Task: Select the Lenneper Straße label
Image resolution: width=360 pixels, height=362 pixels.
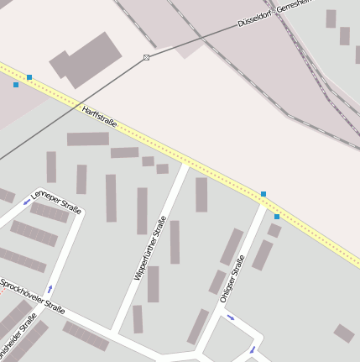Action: [56, 202]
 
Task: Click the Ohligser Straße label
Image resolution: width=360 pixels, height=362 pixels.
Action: [232, 278]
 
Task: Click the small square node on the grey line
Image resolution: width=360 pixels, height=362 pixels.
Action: [146, 57]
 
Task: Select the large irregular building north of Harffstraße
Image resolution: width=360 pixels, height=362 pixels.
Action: [85, 60]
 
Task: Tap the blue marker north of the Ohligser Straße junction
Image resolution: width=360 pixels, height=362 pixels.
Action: [263, 194]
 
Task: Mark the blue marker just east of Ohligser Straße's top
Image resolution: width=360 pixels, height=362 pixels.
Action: [277, 217]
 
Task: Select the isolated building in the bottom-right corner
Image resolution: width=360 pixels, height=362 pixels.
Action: [344, 333]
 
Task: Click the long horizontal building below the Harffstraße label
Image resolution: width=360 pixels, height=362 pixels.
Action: [88, 139]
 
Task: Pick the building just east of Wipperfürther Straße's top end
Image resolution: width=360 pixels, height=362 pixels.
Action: [201, 194]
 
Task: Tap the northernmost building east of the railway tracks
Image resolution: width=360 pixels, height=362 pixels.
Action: [331, 18]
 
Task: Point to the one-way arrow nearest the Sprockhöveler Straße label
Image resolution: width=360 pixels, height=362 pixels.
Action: [49, 289]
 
